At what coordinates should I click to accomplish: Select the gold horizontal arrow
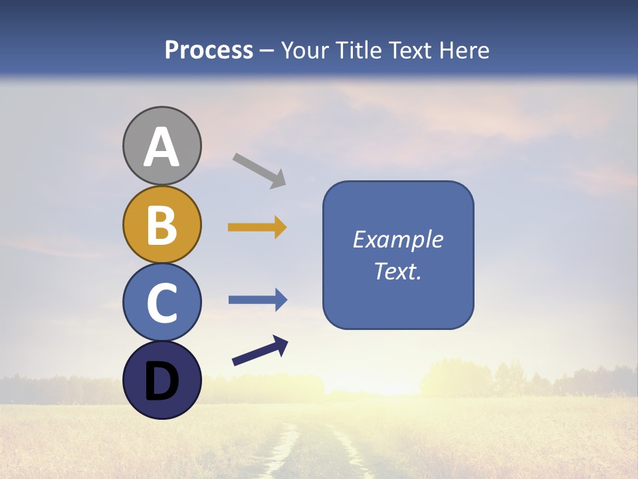(x=257, y=228)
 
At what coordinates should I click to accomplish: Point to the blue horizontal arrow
(x=258, y=300)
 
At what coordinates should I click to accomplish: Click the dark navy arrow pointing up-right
(x=260, y=351)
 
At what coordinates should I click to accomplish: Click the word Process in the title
(x=209, y=51)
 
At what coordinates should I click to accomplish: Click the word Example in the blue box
(x=398, y=239)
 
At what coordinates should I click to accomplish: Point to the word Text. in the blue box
(x=398, y=271)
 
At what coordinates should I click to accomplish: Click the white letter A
(x=161, y=148)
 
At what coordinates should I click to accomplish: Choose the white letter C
(x=161, y=303)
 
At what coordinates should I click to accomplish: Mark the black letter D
(x=161, y=381)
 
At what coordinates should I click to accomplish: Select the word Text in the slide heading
(x=411, y=51)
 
